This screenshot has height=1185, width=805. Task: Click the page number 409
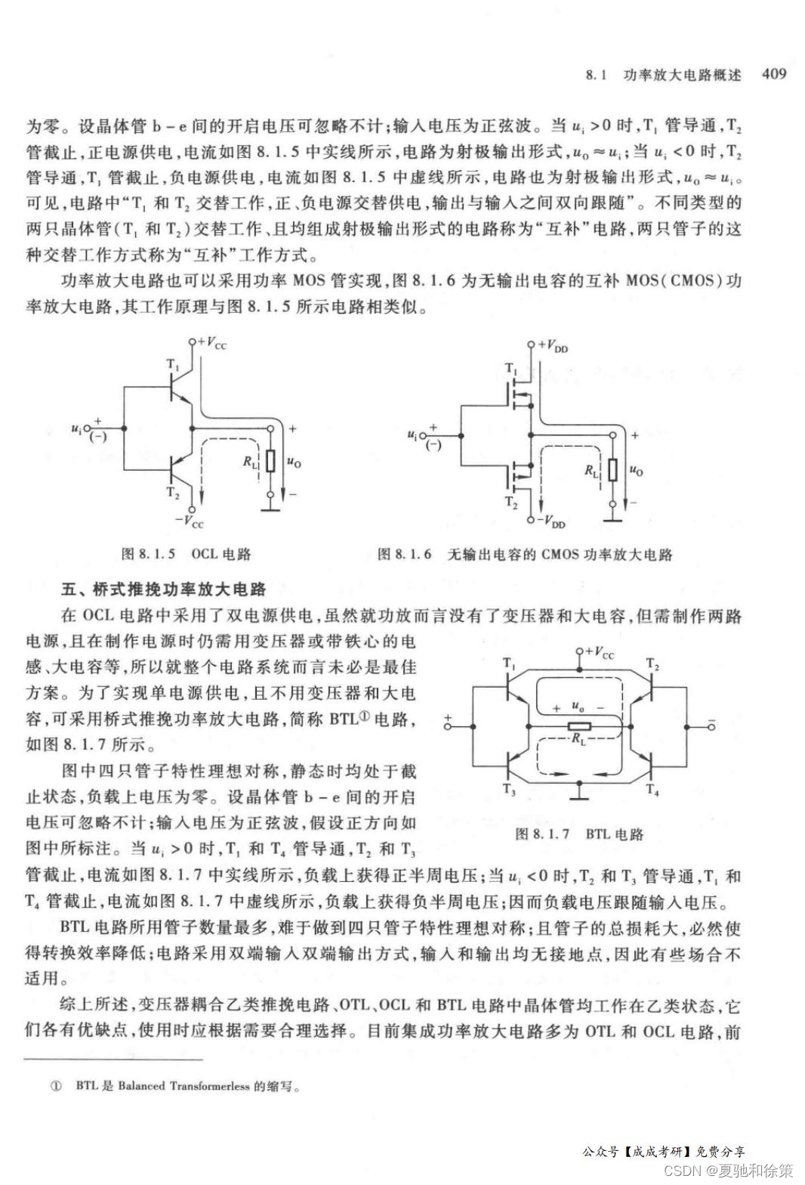[x=774, y=73]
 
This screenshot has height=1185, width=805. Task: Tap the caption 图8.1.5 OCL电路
[x=186, y=554]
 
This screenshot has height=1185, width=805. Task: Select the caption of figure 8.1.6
[x=524, y=554]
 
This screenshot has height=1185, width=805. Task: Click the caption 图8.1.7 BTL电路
[x=578, y=834]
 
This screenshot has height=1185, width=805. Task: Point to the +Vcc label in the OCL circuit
[x=211, y=344]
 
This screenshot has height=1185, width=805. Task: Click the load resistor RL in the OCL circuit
[x=270, y=461]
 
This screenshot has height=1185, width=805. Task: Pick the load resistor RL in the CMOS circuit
[x=612, y=469]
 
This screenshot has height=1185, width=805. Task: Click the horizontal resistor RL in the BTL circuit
[x=579, y=727]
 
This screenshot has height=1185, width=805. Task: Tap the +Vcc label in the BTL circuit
[x=599, y=653]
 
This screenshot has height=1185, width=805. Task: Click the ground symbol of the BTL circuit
[x=579, y=794]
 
